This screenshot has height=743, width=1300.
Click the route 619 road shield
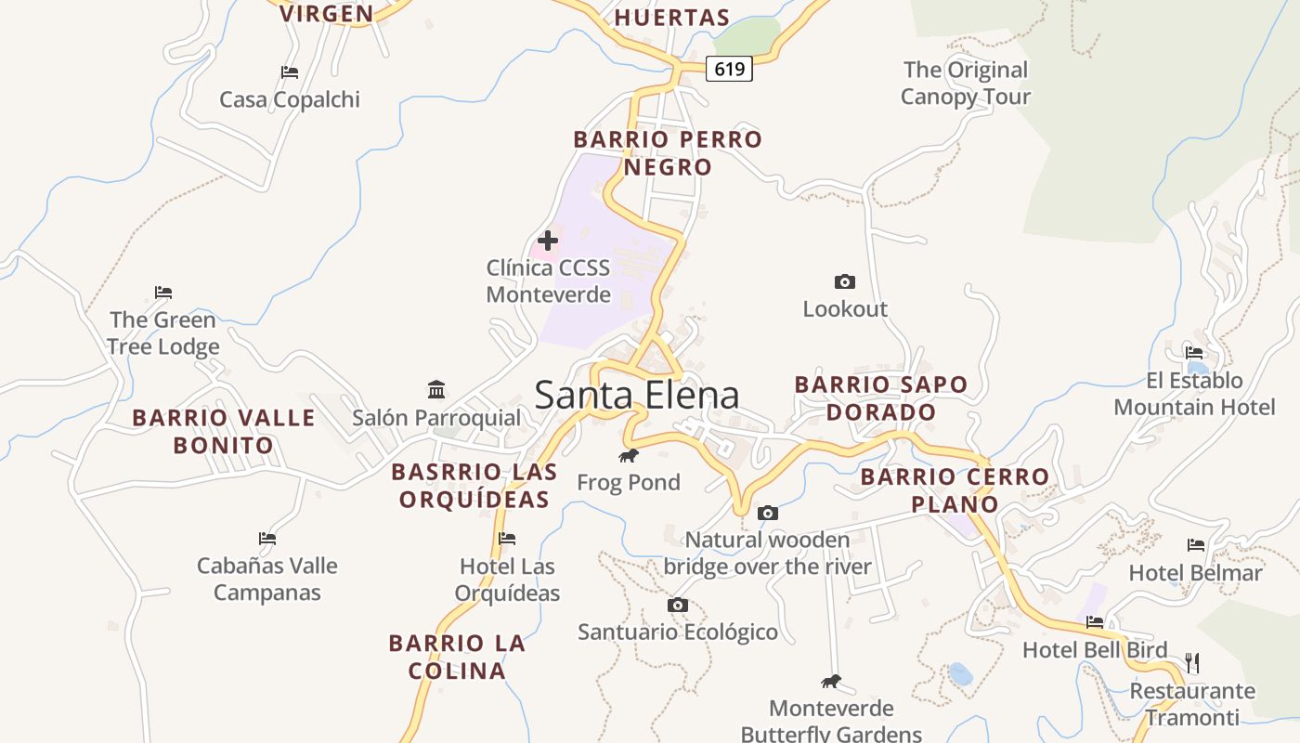(x=729, y=69)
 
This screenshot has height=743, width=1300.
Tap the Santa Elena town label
(x=637, y=396)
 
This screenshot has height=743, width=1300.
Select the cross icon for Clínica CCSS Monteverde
(x=548, y=241)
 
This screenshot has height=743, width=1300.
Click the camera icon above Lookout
(x=845, y=281)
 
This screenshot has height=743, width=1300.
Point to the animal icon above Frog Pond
(x=629, y=455)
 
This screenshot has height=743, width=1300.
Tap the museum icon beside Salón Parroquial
(x=436, y=389)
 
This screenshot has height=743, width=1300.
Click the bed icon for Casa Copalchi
(x=290, y=72)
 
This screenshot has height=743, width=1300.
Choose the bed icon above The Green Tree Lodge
(x=163, y=293)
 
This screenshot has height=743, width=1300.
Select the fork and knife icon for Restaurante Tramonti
(x=1192, y=663)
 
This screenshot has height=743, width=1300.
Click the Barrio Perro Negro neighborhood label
(x=668, y=153)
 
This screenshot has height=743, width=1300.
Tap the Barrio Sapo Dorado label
(x=881, y=398)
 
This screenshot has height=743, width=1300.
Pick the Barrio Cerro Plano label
(x=955, y=490)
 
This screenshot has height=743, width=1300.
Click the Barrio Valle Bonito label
(x=224, y=431)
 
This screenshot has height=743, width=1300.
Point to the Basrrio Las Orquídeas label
(x=474, y=485)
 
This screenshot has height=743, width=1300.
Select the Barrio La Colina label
(x=457, y=657)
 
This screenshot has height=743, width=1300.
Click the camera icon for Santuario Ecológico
(x=678, y=606)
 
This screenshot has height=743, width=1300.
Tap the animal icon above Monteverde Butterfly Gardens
(x=831, y=682)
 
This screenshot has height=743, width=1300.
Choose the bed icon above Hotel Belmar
(x=1196, y=545)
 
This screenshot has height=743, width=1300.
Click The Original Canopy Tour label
(x=966, y=83)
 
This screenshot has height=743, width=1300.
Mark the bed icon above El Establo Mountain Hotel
(x=1194, y=353)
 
